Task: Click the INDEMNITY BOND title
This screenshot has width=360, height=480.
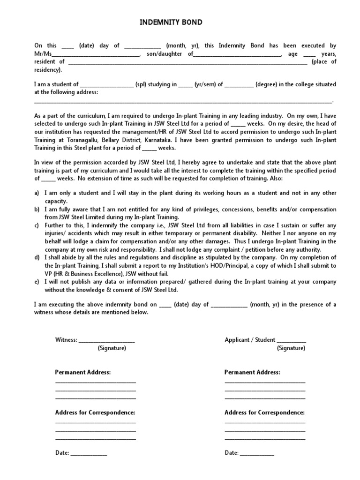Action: [x=172, y=22]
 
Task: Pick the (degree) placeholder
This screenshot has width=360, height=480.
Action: [x=267, y=85]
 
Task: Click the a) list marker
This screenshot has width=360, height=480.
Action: [x=37, y=193]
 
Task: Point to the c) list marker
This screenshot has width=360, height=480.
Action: [x=37, y=225]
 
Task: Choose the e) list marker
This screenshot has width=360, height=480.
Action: [x=37, y=282]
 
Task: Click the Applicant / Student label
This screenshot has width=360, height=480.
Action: [x=250, y=340]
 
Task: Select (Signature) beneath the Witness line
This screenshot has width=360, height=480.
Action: [x=112, y=348]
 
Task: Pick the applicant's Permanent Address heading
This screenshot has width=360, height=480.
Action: [x=252, y=372]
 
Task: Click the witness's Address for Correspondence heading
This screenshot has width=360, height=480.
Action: [x=95, y=412]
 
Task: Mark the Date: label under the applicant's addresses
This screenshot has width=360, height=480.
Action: [x=232, y=453]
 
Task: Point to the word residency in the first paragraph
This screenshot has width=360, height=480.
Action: [x=47, y=70]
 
